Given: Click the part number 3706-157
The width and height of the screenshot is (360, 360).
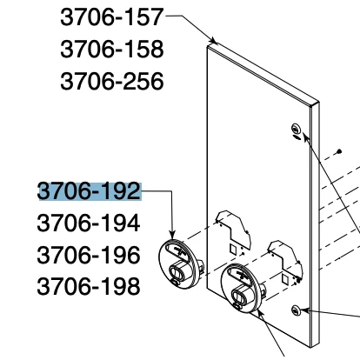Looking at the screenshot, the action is pos(112,17).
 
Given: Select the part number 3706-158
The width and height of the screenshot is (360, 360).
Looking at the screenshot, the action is pos(112,49).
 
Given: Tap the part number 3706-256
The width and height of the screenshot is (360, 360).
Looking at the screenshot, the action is pos(112,81).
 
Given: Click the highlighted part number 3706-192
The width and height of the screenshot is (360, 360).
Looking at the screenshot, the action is pos(90,191).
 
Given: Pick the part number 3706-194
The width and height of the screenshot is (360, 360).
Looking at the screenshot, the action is pos(89,223).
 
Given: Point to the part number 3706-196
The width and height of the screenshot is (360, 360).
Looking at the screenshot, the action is pos(89,255).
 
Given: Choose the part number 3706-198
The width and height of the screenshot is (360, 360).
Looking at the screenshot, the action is pos(89,286).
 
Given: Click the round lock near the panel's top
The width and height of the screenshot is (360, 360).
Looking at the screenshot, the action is pos(296,128).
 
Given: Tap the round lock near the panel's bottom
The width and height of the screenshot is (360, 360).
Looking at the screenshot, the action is pos(296,310).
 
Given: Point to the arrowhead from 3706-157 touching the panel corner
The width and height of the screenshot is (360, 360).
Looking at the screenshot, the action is pos(214,41).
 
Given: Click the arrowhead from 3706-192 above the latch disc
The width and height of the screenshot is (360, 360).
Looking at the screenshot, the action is pos(172,235).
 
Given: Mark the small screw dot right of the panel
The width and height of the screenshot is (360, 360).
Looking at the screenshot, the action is pos(340,151).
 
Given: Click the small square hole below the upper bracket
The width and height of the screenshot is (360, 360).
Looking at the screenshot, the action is pos(233,249).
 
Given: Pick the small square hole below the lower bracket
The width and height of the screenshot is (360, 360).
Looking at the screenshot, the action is pos(285,279).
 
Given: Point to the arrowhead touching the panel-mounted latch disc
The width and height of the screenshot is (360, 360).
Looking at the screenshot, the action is pos(260,314).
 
